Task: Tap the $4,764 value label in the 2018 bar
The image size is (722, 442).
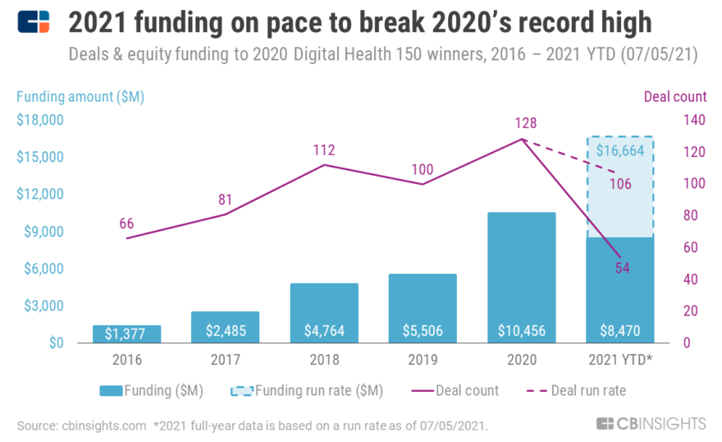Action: coord(323,331)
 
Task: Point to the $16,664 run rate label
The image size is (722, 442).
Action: coord(619,150)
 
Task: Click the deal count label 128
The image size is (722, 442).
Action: coord(525,123)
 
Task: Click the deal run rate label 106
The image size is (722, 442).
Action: coord(621,183)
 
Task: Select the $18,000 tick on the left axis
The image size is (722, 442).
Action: coord(40,120)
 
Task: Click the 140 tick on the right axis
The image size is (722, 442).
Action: coord(693,120)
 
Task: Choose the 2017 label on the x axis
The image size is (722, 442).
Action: coord(225,360)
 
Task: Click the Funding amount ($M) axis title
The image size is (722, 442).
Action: coord(80,96)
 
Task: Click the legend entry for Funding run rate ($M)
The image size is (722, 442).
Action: coord(318,390)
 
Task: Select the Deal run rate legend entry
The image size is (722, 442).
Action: coord(587,390)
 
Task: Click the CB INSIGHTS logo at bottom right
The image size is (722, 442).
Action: coord(651,423)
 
